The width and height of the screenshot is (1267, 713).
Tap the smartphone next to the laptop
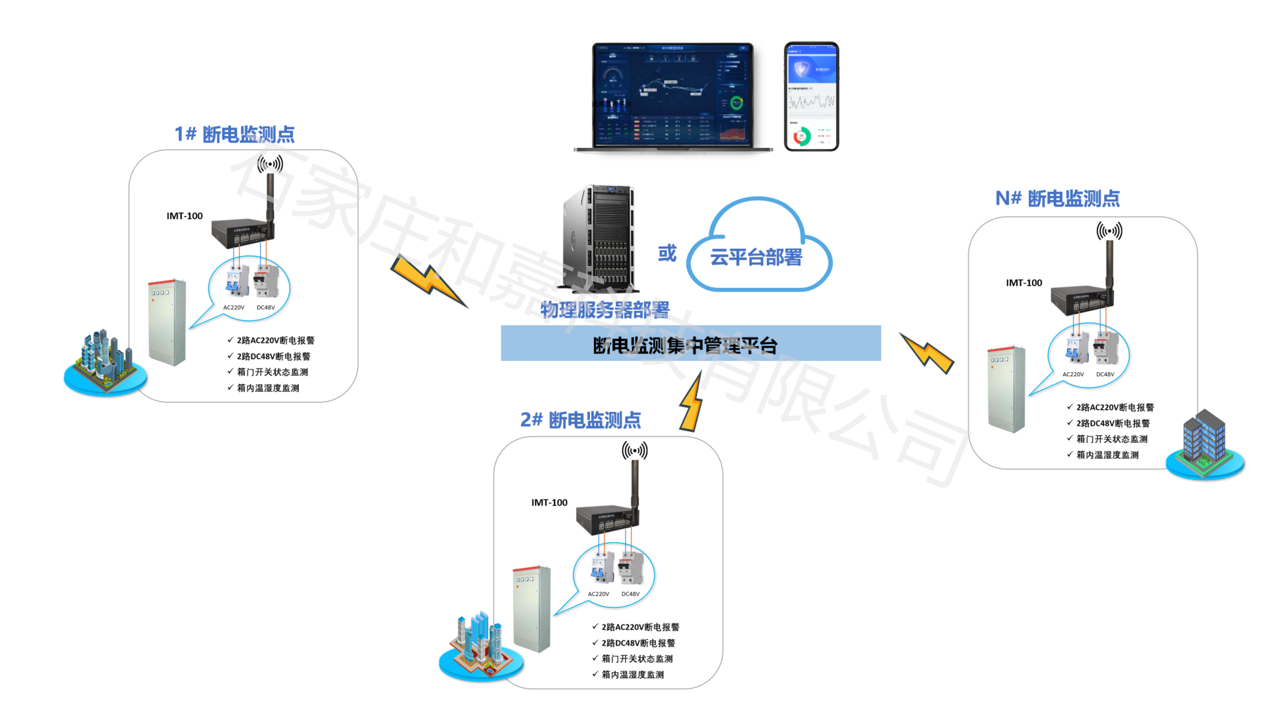pos(811,96)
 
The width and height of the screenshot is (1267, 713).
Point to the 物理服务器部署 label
pos(605,309)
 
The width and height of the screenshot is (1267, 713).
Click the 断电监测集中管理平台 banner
pos(690,344)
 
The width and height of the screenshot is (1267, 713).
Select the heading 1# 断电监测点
pos(234,134)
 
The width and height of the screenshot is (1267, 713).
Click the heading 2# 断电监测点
pos(580,420)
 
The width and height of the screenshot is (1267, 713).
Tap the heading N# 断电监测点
pos(1057,198)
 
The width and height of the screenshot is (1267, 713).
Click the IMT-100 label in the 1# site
pos(185,216)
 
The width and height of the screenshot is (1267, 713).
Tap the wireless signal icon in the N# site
pos(1109,231)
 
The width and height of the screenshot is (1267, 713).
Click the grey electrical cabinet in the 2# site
pos(532,608)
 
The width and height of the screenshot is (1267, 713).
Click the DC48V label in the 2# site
pos(630,594)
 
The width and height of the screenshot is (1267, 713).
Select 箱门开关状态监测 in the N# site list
pos(1111,439)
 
